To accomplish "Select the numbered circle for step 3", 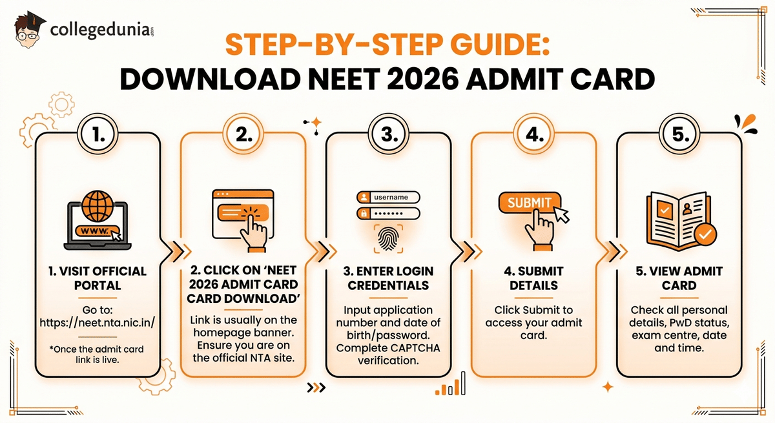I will click(x=387, y=134).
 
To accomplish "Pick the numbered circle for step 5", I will click(x=678, y=134).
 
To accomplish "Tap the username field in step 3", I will click(x=388, y=196).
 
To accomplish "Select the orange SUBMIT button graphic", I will click(x=529, y=203).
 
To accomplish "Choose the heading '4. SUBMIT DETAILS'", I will click(x=533, y=278).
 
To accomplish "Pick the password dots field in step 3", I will click(x=388, y=214).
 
